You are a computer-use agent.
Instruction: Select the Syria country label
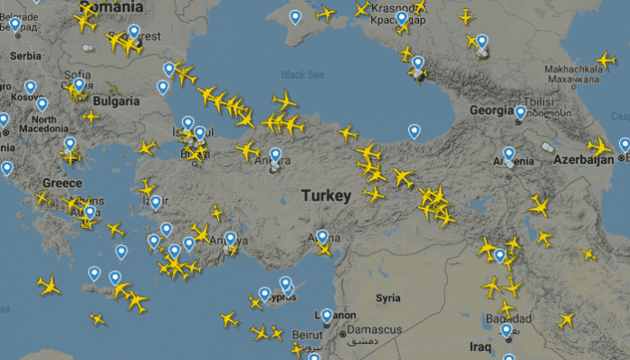coord(388,298)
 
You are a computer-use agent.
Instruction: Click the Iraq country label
coord(480,346)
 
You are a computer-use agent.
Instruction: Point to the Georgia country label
coord(492,110)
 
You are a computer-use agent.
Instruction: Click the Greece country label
coord(62,183)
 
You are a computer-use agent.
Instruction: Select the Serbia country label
coord(26,56)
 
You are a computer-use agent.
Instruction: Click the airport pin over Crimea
coord(295,16)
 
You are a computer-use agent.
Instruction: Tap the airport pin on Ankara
coord(275,154)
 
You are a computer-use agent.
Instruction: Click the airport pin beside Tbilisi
coord(520,112)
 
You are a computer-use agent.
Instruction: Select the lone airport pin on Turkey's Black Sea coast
coord(414,130)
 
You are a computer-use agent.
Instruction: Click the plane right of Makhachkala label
coord(606,60)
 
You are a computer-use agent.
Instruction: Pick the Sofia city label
coord(78,75)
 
